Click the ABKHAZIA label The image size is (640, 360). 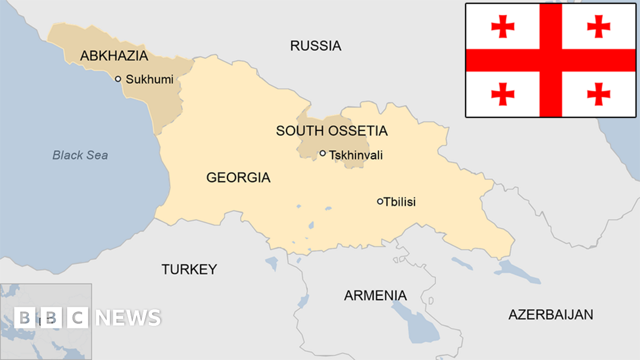[114, 55]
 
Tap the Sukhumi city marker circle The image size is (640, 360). [118, 79]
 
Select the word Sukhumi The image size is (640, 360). [149, 79]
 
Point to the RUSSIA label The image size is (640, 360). [316, 46]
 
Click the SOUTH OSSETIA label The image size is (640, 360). [332, 131]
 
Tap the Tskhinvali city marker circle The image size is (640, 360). [323, 154]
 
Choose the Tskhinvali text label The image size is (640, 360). [356, 155]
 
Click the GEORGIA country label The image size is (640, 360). [238, 178]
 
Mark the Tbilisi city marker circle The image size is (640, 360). [380, 202]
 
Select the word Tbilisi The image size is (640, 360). [400, 202]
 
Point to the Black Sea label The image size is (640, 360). [80, 155]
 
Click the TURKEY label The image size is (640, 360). [189, 269]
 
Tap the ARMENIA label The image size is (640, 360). [375, 295]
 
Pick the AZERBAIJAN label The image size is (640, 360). [550, 314]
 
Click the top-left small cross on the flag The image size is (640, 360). [502, 27]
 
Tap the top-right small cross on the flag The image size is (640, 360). [598, 27]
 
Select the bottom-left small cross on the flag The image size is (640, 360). [502, 94]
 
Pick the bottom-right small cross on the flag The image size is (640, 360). [598, 94]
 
